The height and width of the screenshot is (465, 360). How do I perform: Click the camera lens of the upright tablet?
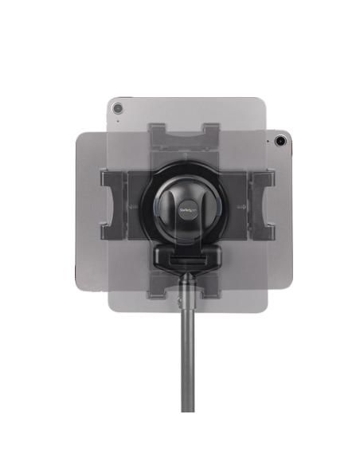pos(118,107)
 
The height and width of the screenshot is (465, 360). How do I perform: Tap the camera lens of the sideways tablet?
pos(281,142)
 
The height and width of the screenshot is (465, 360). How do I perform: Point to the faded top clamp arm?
pos(186,135)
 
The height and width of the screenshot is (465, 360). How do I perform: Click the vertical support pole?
pos(186,350)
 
